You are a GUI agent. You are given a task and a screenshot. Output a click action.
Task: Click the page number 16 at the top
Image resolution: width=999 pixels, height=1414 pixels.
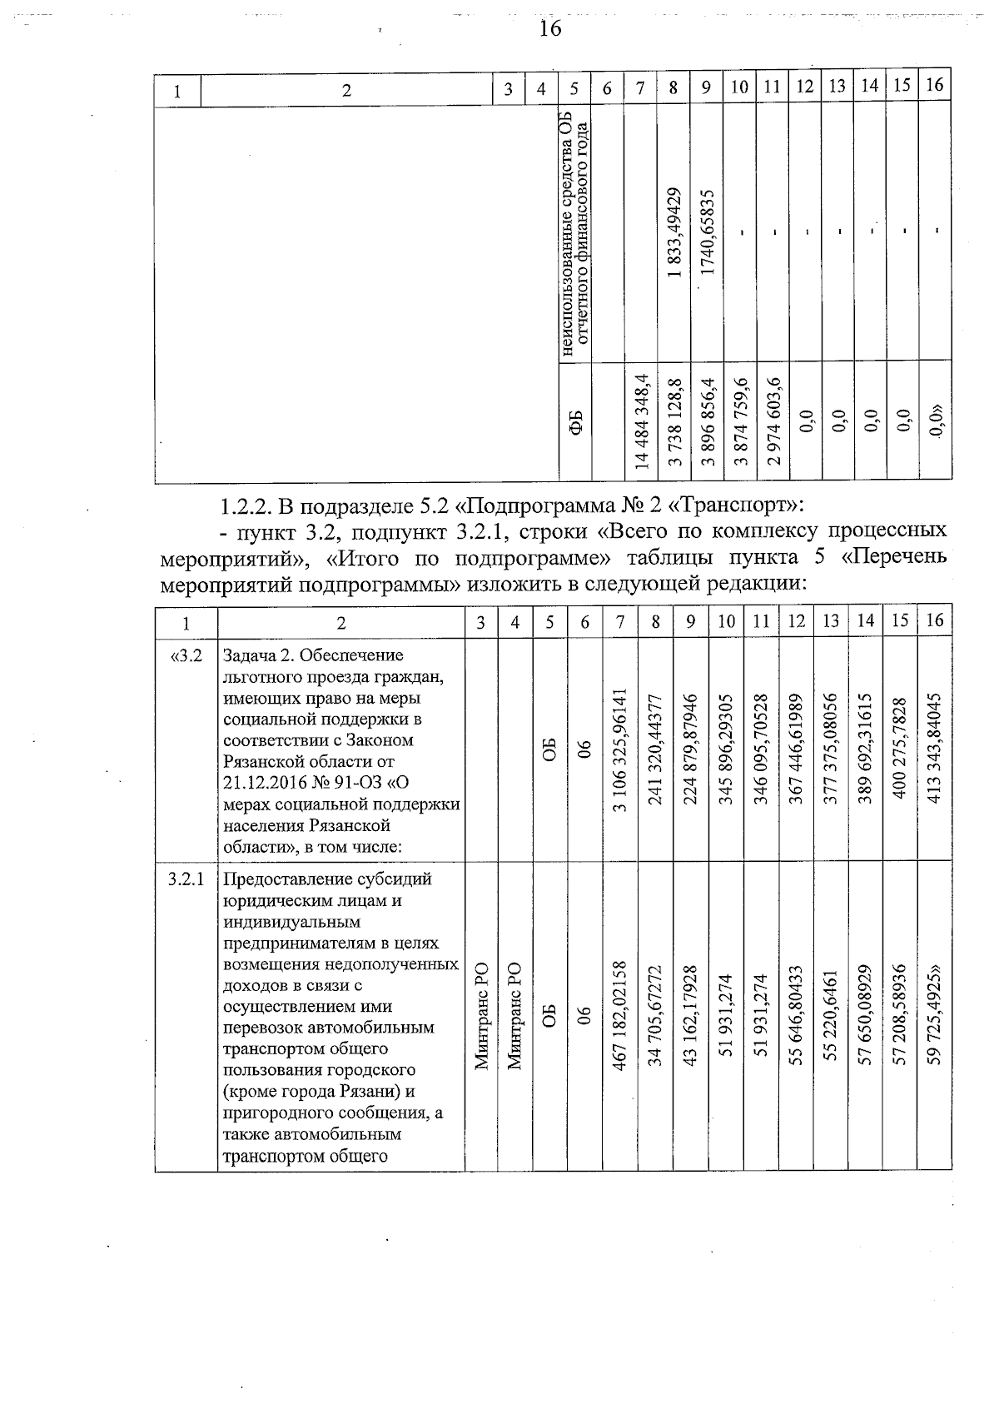pyautogui.click(x=550, y=29)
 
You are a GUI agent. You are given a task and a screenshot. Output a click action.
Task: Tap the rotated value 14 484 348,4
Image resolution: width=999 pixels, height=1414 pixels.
pyautogui.click(x=641, y=422)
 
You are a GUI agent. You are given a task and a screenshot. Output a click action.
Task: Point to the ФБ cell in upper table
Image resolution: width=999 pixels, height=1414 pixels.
pyautogui.click(x=575, y=422)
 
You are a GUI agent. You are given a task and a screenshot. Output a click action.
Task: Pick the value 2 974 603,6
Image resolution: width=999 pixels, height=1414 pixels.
pyautogui.click(x=774, y=422)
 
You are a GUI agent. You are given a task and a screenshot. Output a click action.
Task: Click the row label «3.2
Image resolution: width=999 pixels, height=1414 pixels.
pyautogui.click(x=186, y=656)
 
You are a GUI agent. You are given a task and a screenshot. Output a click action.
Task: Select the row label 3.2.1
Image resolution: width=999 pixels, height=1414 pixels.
pyautogui.click(x=186, y=879)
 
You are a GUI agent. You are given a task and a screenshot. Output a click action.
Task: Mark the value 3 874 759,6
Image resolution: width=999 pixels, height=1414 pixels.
pyautogui.click(x=742, y=422)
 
